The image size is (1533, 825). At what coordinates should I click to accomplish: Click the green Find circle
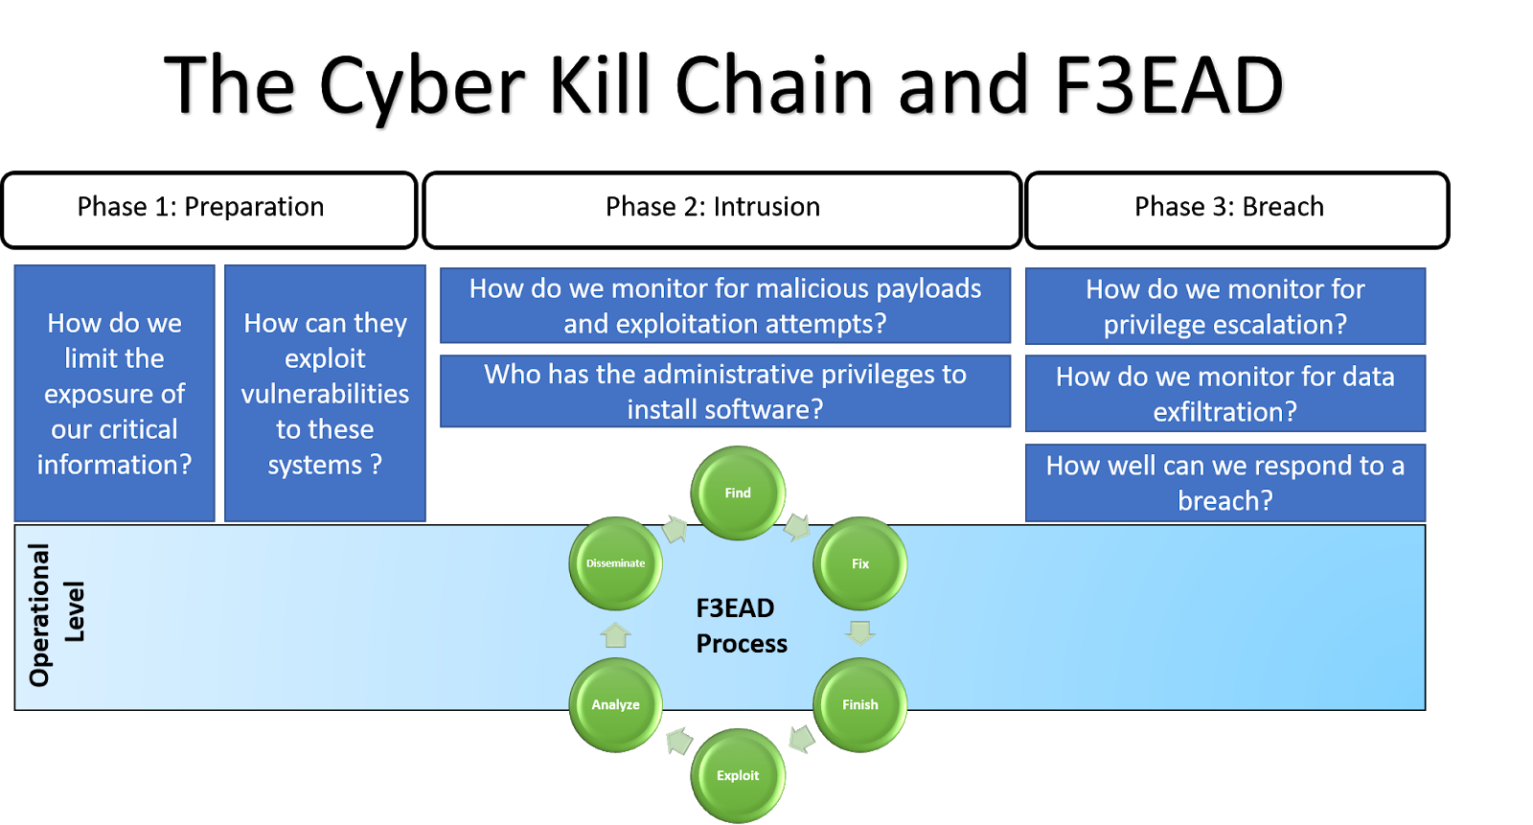(x=738, y=493)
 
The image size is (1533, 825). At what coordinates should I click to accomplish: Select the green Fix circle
(x=859, y=563)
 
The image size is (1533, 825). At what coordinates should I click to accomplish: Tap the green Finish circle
(x=859, y=704)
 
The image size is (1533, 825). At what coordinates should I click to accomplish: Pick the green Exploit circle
(x=738, y=775)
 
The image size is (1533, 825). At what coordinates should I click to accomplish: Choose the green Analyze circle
(x=615, y=704)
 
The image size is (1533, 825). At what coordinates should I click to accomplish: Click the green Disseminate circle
(x=615, y=563)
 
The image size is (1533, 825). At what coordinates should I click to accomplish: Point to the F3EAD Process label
(x=741, y=626)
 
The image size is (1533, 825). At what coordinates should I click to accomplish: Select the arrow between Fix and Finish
(x=859, y=632)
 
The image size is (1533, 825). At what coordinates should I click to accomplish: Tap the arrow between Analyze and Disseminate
(x=615, y=634)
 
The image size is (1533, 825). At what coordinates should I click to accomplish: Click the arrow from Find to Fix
(x=797, y=527)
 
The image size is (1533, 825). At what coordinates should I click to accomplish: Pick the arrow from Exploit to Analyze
(x=678, y=741)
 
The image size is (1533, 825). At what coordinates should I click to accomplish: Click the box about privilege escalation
(x=1224, y=307)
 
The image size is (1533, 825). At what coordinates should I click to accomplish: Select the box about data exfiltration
(x=1224, y=394)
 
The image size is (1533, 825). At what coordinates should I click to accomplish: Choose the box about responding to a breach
(x=1224, y=483)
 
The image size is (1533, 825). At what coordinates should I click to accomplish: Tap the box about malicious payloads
(x=725, y=306)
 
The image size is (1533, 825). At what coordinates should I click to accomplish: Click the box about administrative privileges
(x=725, y=391)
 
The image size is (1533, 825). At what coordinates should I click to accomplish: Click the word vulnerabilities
(x=325, y=394)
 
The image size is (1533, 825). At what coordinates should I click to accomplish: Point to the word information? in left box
(x=114, y=465)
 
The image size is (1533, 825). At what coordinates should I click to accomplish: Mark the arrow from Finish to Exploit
(x=801, y=739)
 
